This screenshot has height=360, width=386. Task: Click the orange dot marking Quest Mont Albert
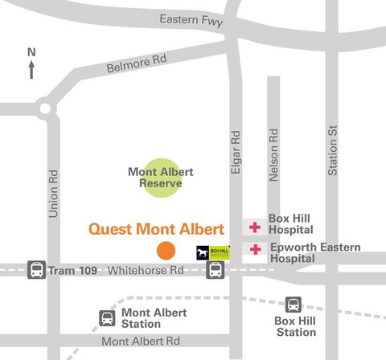click(x=166, y=250)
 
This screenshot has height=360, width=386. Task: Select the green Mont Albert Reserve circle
click(x=161, y=178)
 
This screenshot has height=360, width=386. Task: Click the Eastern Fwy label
click(x=190, y=18)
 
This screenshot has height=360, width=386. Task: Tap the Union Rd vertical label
click(x=54, y=194)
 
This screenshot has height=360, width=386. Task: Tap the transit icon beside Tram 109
click(x=36, y=270)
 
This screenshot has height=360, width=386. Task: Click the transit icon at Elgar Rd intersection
click(x=216, y=270)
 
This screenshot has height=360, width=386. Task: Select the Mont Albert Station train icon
click(x=107, y=318)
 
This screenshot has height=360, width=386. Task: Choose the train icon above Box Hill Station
click(x=294, y=305)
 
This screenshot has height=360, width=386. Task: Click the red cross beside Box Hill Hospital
click(x=255, y=227)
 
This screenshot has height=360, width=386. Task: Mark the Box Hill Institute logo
click(x=213, y=252)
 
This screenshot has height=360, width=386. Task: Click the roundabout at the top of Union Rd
click(x=45, y=108)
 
